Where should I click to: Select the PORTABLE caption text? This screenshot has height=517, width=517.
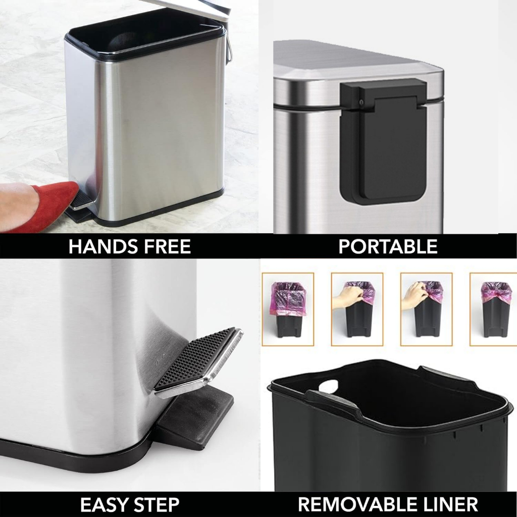387,246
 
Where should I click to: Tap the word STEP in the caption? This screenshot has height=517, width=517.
157,504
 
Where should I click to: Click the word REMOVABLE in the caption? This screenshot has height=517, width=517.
355,504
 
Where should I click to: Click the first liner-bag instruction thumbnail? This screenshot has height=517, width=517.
288,309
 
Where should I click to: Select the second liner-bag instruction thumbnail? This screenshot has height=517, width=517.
357,309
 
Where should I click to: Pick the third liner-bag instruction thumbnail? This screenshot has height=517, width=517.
426,309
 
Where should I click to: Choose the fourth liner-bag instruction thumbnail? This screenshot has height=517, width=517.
494,309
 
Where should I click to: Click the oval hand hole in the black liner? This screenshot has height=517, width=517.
330,386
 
